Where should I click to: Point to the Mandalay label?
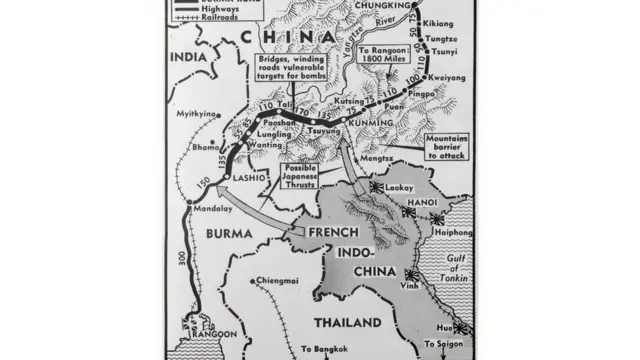pyautogui.click(x=207, y=209)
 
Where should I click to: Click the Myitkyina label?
pyautogui.click(x=197, y=114)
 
